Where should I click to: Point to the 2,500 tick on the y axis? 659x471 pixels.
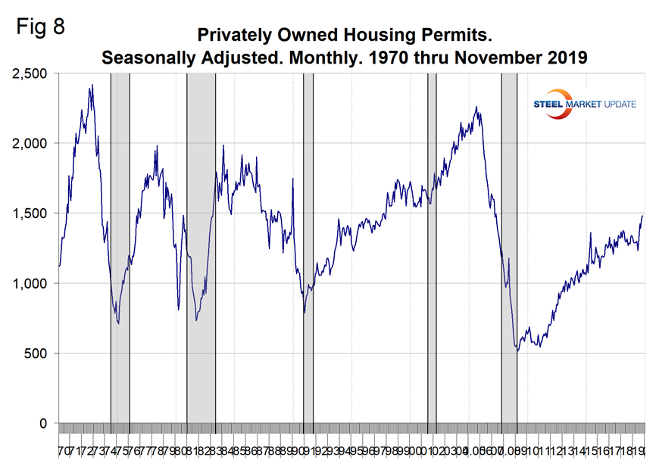pyautogui.click(x=30, y=73)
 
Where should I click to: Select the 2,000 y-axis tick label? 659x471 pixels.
pyautogui.click(x=30, y=143)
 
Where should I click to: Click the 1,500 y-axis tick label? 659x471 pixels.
pyautogui.click(x=30, y=214)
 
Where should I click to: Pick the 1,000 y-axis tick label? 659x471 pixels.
pyautogui.click(x=30, y=283)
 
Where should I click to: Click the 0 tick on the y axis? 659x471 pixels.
pyautogui.click(x=44, y=423)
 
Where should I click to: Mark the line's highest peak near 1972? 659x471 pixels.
pyautogui.click(x=92, y=86)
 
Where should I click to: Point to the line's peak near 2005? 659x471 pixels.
pyautogui.click(x=476, y=108)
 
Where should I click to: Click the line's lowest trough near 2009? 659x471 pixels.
pyautogui.click(x=517, y=351)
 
